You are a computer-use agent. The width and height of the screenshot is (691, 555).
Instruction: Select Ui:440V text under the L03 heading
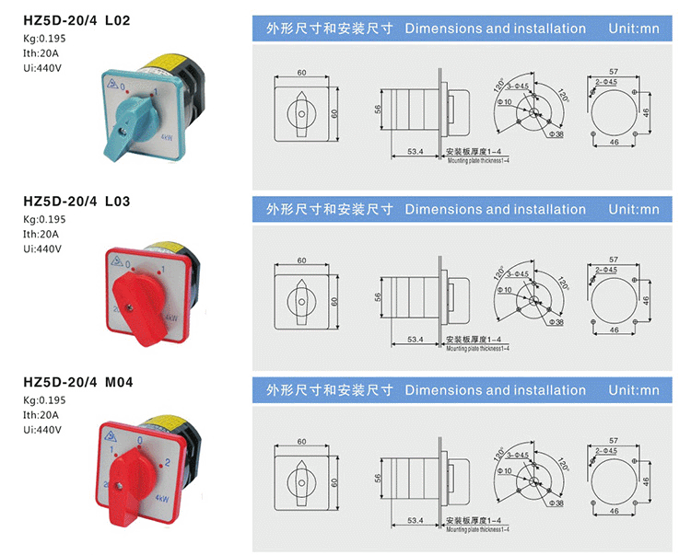pos(42,249)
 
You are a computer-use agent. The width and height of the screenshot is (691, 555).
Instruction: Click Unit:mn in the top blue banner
pos(634,29)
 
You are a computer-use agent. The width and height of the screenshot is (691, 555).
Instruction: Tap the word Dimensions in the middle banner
pos(439,209)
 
